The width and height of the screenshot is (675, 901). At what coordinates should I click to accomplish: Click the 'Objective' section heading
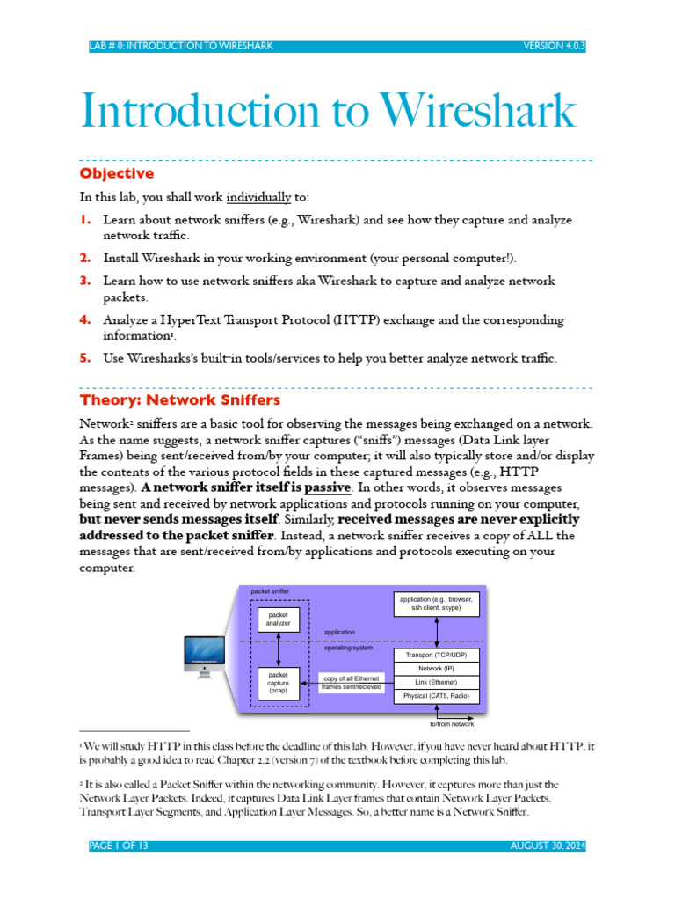tap(117, 173)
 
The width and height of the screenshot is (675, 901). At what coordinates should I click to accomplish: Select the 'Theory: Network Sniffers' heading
tap(179, 400)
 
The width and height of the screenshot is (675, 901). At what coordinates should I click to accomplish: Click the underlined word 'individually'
tap(258, 197)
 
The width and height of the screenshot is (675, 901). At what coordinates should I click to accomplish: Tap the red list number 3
tap(85, 281)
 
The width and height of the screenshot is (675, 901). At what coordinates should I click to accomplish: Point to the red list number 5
tap(85, 357)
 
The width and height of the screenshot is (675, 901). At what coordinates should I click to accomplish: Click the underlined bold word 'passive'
tap(327, 487)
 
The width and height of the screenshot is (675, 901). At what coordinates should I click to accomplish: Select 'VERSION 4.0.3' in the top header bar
tap(554, 46)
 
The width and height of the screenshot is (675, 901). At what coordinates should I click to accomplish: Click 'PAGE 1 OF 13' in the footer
tap(119, 846)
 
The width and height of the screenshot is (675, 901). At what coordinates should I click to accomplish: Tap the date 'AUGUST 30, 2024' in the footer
tap(548, 846)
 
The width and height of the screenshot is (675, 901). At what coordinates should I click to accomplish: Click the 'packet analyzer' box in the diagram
tap(279, 619)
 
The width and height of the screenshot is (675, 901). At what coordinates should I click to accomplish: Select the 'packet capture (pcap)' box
tap(279, 683)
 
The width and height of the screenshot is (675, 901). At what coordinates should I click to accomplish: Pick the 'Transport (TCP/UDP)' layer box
tap(436, 655)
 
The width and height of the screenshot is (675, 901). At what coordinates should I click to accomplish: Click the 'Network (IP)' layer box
tap(436, 669)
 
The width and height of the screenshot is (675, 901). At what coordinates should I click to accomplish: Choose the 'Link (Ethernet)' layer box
tap(436, 683)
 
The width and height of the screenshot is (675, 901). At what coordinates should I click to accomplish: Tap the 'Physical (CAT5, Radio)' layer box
tap(436, 697)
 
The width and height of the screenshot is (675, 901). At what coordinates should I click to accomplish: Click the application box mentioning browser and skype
tap(436, 604)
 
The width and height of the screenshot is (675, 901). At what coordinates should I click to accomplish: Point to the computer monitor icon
tap(204, 656)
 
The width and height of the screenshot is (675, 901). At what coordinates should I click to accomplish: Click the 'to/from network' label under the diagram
tap(452, 724)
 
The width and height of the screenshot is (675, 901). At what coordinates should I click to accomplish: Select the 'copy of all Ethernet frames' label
tap(352, 683)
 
